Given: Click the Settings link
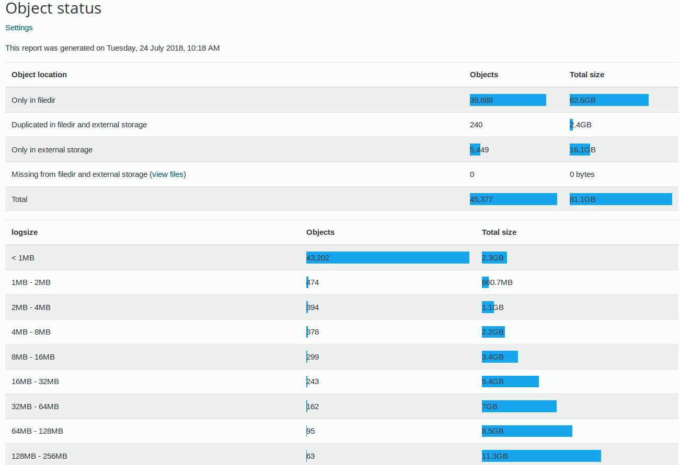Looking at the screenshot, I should (x=19, y=28).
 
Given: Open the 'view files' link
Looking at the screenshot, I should (x=168, y=174).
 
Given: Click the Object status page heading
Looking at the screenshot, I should (x=53, y=8).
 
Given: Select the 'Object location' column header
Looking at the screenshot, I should (x=39, y=75).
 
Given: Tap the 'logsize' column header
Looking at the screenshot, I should (x=25, y=232).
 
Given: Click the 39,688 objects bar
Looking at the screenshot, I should (x=508, y=100).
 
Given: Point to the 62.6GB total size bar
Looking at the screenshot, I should (x=609, y=100).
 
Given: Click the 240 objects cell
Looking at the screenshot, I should (x=476, y=125).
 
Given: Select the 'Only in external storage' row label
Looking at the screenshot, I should (x=52, y=150).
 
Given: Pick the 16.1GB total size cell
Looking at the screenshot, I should (x=582, y=150).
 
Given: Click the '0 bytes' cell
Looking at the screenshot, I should (x=582, y=174).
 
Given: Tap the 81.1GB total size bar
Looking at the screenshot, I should (x=620, y=199).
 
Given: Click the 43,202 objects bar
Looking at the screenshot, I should (x=387, y=258).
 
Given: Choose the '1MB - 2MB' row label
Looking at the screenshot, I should (x=31, y=282).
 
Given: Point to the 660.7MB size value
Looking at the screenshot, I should (x=497, y=282).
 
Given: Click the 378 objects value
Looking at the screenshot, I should (x=313, y=332).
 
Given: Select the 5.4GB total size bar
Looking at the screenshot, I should (x=510, y=381).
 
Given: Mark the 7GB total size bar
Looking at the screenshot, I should (x=519, y=407).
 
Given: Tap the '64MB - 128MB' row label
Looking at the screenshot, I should (x=37, y=431).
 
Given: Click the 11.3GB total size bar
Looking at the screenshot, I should (x=541, y=456).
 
